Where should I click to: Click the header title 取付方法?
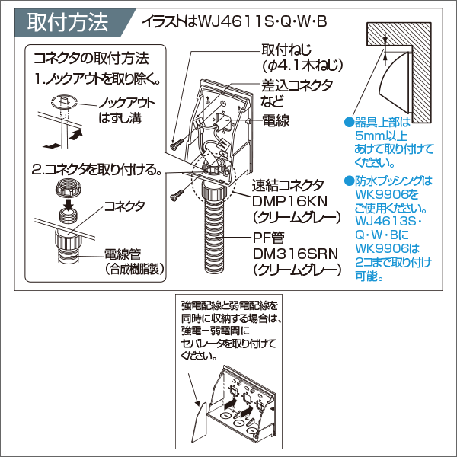pyautogui.click(x=68, y=22)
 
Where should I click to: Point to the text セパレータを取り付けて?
pyautogui.click(x=228, y=342)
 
